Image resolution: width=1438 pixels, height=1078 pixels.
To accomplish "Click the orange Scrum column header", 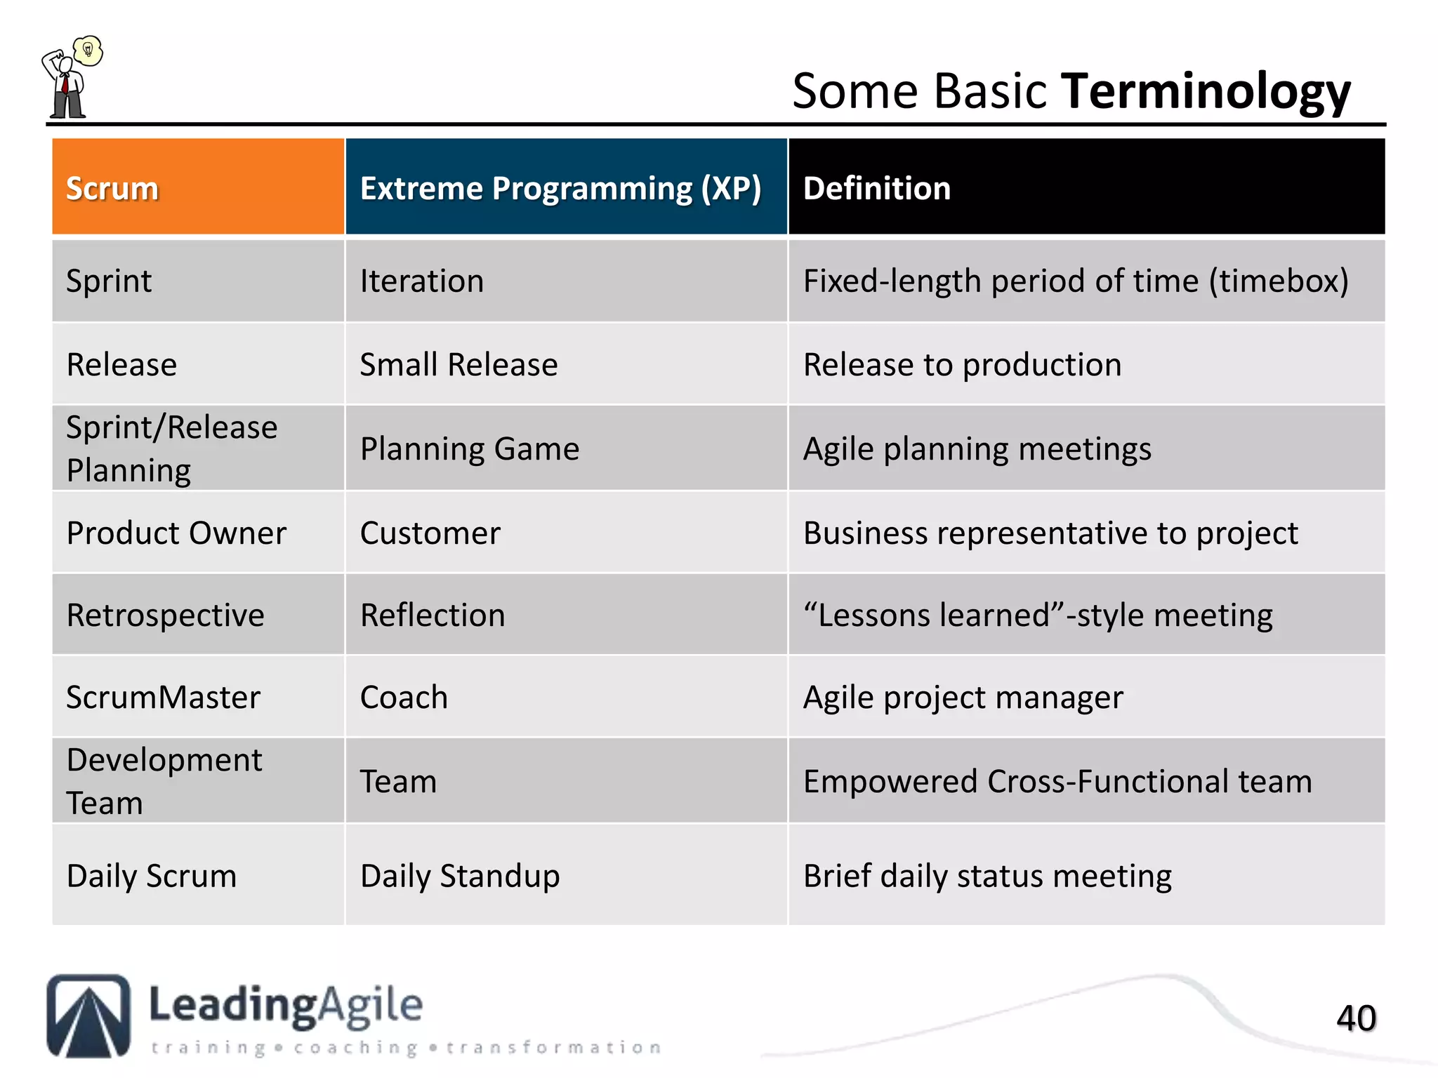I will tap(198, 187).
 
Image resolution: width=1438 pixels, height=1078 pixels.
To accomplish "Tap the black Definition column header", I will tap(1086, 187).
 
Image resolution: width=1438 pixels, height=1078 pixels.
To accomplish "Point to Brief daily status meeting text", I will tap(987, 876).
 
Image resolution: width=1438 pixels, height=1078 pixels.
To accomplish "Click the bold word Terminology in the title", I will tap(1205, 91).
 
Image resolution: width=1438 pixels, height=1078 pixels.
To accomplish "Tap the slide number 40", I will tap(1356, 1018).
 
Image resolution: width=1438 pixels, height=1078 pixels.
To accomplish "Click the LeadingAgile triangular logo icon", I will tap(88, 1016).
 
